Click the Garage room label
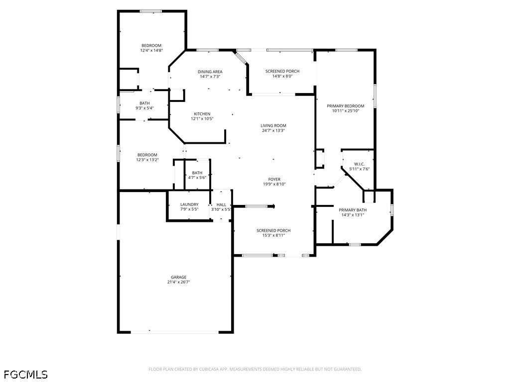click(179, 277)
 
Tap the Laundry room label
click(189, 204)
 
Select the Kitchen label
click(202, 114)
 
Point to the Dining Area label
click(210, 72)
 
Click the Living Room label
click(273, 126)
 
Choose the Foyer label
click(274, 179)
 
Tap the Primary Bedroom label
click(346, 106)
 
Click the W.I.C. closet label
click(360, 164)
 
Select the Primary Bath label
click(353, 210)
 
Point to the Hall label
click(221, 204)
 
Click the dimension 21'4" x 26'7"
click(179, 282)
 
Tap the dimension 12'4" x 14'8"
click(151, 50)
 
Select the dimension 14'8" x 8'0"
click(282, 76)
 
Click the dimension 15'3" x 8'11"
click(273, 235)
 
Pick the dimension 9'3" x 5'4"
click(145, 108)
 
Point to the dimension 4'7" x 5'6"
click(197, 178)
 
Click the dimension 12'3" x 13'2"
click(147, 160)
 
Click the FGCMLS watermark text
click(26, 375)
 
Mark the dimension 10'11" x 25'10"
click(346, 111)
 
